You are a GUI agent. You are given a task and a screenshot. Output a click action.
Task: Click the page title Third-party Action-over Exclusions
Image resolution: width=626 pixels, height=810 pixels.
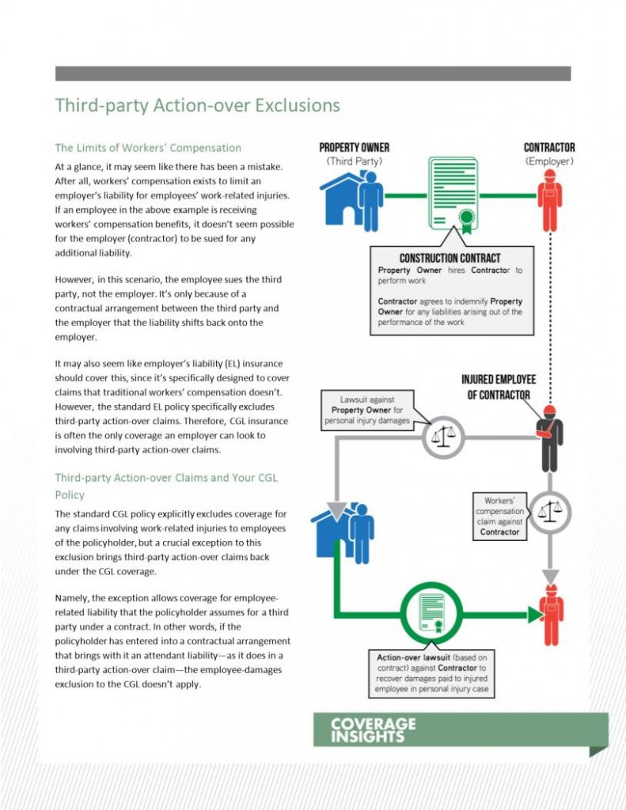(x=197, y=105)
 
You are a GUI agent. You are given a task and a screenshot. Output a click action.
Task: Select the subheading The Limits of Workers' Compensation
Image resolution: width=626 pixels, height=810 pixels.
(x=148, y=148)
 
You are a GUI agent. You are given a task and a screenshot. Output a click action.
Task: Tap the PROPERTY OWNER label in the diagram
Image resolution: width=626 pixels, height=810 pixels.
(x=354, y=148)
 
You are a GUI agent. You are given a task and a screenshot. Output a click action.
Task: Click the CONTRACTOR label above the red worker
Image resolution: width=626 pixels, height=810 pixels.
(x=549, y=148)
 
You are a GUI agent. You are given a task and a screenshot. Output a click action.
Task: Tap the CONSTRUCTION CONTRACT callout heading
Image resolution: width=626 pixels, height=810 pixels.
(x=450, y=259)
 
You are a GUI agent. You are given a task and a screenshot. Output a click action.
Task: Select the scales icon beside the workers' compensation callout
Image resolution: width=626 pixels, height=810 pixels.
(x=549, y=512)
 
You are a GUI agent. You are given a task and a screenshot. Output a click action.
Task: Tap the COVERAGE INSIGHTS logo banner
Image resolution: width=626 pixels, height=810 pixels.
(x=459, y=730)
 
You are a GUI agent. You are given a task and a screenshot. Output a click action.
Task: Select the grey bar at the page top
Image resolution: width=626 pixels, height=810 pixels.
(x=313, y=73)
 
